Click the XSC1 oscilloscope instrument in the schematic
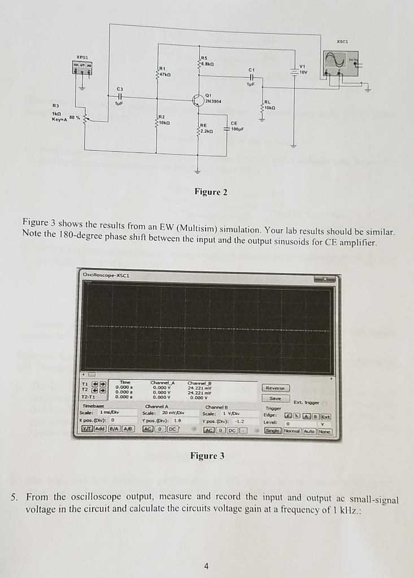pyautogui.click(x=342, y=63)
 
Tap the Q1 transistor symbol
pyautogui.click(x=198, y=100)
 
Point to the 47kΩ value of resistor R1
pyautogui.click(x=164, y=75)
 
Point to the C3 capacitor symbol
pyautogui.click(x=119, y=97)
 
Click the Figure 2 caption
pyautogui.click(x=210, y=192)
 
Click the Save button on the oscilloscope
pyautogui.click(x=276, y=398)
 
